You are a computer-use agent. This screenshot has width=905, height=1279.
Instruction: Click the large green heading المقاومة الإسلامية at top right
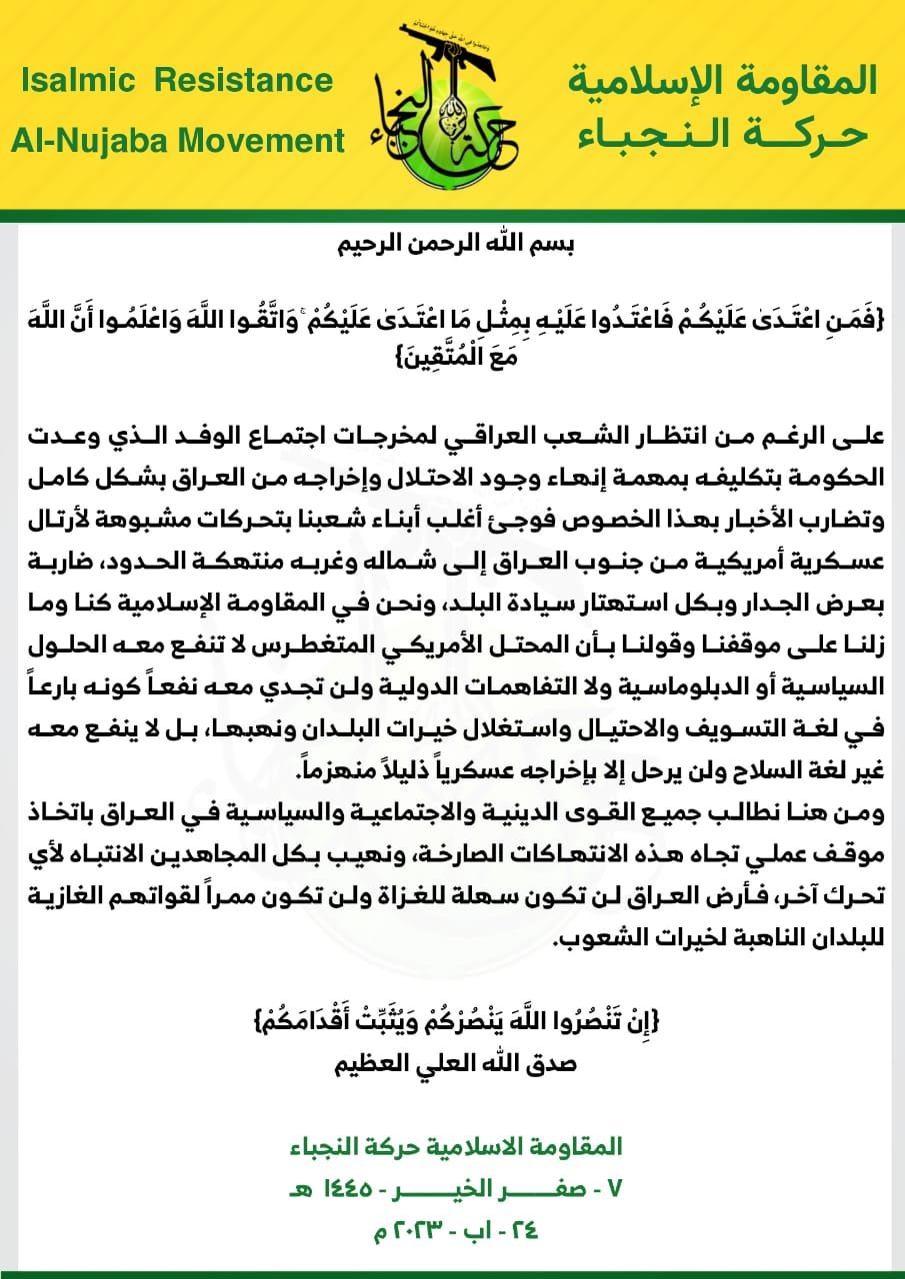[x=721, y=80]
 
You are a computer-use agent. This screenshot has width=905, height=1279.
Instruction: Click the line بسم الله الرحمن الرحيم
[x=452, y=245]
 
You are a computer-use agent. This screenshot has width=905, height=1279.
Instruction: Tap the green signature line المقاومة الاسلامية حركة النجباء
[x=452, y=1146]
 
